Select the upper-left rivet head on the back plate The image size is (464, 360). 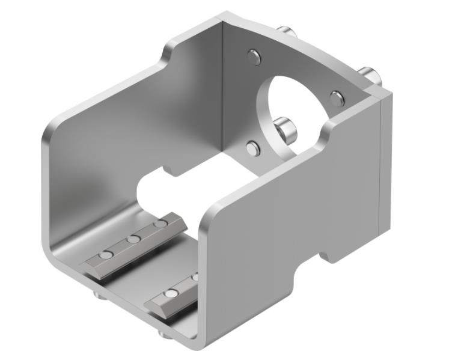tap(254, 57)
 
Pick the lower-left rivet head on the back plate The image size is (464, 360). tap(254, 148)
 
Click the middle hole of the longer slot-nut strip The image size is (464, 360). tap(133, 239)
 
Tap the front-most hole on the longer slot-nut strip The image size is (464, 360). tap(106, 255)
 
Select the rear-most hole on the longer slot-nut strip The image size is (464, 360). tap(160, 224)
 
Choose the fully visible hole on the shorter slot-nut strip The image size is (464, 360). tap(171, 294)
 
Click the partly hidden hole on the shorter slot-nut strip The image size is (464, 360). tap(195, 277)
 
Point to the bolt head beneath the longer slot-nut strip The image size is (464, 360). tap(99, 294)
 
